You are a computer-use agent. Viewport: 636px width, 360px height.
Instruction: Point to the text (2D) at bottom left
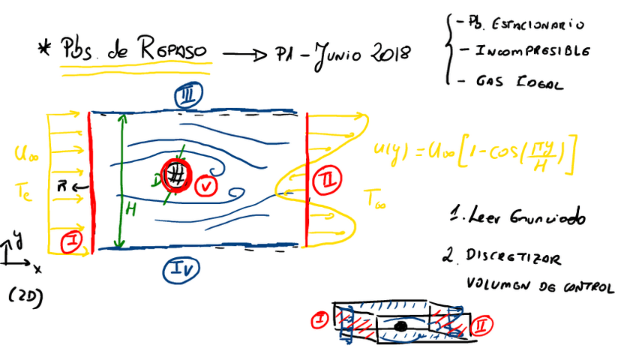point(25,295)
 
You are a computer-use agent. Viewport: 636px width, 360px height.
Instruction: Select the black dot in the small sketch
point(402,326)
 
